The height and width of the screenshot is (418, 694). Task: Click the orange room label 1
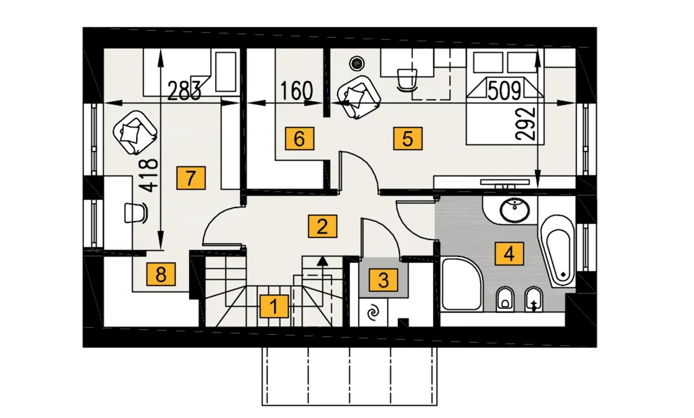coord(274,306)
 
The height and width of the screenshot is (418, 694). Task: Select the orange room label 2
coord(322,226)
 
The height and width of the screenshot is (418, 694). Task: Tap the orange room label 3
coord(383,280)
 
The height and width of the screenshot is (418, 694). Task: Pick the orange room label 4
coord(509,254)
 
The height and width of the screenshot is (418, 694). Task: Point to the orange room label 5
coord(408,138)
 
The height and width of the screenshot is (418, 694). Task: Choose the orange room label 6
coord(299,138)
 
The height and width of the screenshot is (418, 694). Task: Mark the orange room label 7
coord(191,178)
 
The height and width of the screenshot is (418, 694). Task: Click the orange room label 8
coord(161,274)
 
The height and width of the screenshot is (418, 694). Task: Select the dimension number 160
coord(297,91)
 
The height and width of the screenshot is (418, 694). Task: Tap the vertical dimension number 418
coord(148,175)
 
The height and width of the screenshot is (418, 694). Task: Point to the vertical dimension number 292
coord(525,124)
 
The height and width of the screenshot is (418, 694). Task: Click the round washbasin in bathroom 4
coord(515,210)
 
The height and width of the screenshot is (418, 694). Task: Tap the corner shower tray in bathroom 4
coord(462,284)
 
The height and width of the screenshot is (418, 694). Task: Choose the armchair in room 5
coord(359,97)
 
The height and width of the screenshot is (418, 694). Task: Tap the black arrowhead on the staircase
coord(322,261)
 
